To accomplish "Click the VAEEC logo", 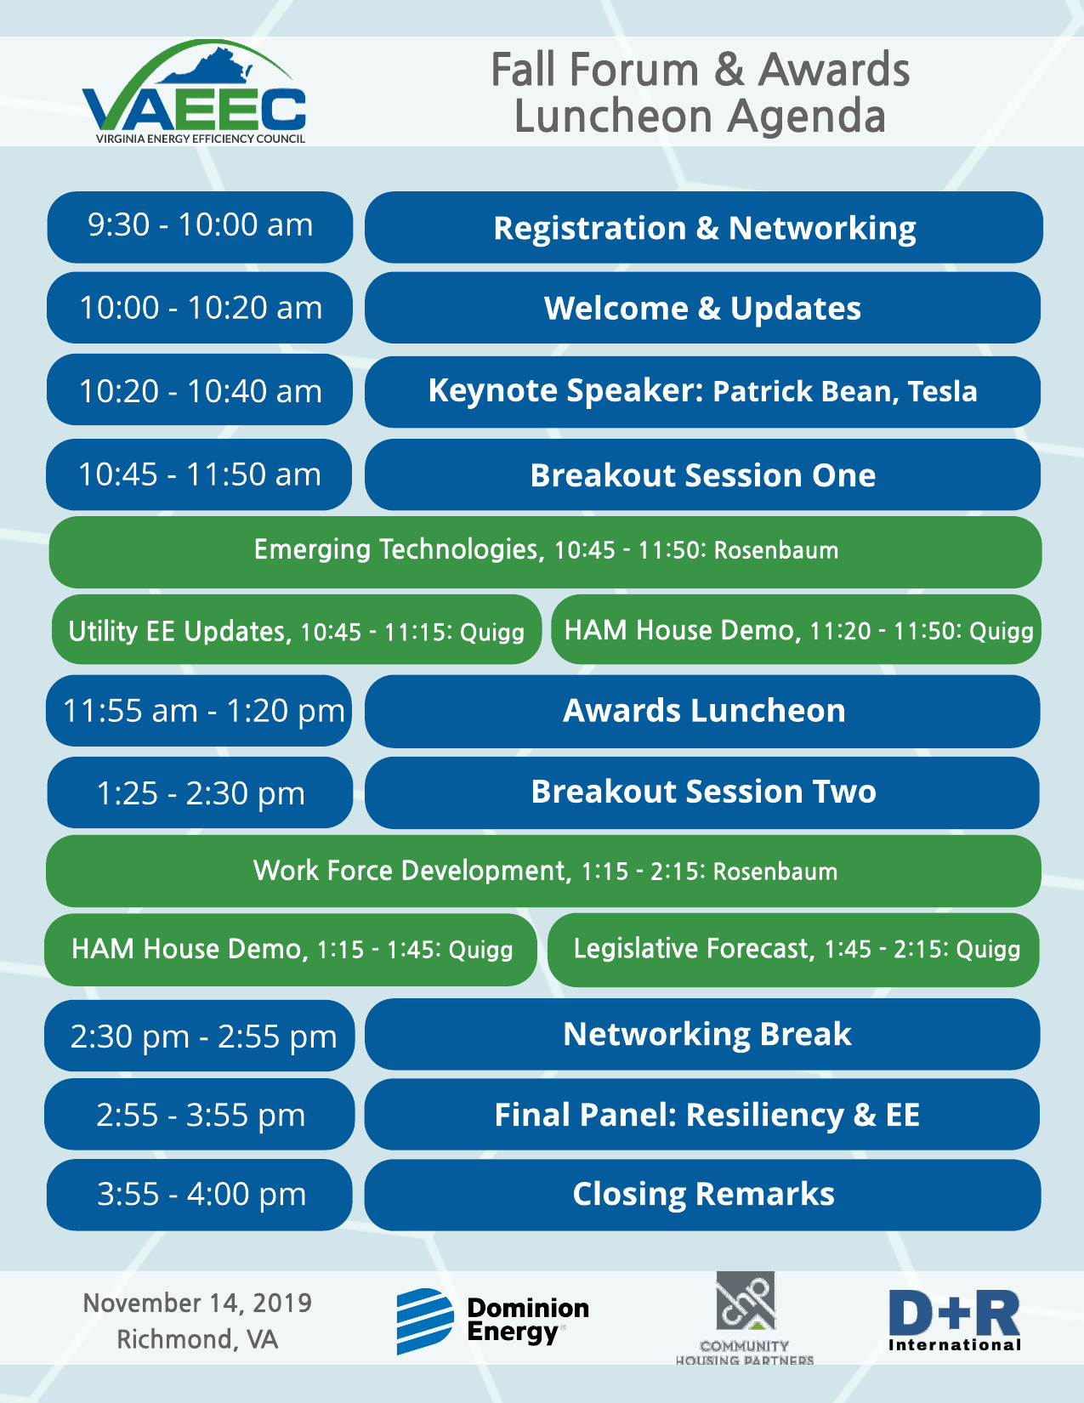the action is (194, 92).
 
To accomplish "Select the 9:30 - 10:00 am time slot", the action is (200, 227).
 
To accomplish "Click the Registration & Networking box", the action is (704, 227).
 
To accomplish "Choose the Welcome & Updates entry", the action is (702, 308).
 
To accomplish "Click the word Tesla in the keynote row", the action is (942, 391).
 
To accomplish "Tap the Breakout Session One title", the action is (702, 475).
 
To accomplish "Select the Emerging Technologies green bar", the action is (546, 552).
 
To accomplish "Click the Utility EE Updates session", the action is (297, 629).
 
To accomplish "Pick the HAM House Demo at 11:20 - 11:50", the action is (796, 629).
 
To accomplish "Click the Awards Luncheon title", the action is (704, 710).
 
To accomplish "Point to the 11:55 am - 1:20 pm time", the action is (203, 711).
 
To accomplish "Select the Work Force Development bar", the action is (543, 871).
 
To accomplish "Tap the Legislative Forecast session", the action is (793, 950).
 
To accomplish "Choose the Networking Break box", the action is (702, 1034).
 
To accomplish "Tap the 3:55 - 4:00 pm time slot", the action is (200, 1195).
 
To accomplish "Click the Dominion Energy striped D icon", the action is (425, 1321).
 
